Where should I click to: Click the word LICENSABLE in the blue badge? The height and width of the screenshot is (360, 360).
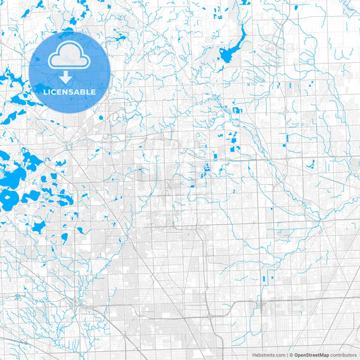tap(70, 92)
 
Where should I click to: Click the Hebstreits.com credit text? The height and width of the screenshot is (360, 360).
tap(268, 355)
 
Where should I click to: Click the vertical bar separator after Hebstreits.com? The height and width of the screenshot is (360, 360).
tap(286, 355)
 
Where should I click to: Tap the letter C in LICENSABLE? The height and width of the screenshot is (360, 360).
tap(55, 92)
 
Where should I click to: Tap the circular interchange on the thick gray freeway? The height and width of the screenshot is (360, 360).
tap(69, 145)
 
